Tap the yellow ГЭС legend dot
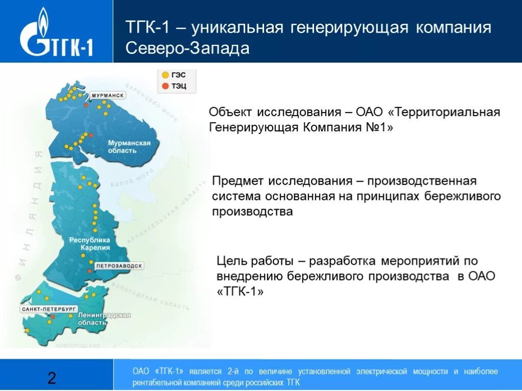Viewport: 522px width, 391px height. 165,75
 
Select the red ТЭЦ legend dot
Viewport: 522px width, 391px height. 165,86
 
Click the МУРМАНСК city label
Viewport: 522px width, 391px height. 108,95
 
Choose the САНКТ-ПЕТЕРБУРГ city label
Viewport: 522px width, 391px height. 49,309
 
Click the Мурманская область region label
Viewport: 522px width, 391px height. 129,147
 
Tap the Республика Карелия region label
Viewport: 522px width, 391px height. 90,243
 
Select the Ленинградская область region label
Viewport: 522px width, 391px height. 104,319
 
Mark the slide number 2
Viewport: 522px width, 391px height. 51,378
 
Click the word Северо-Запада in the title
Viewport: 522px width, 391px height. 188,48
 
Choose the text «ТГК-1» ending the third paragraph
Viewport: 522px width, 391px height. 241,292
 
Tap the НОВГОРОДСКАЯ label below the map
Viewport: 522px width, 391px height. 79,346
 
